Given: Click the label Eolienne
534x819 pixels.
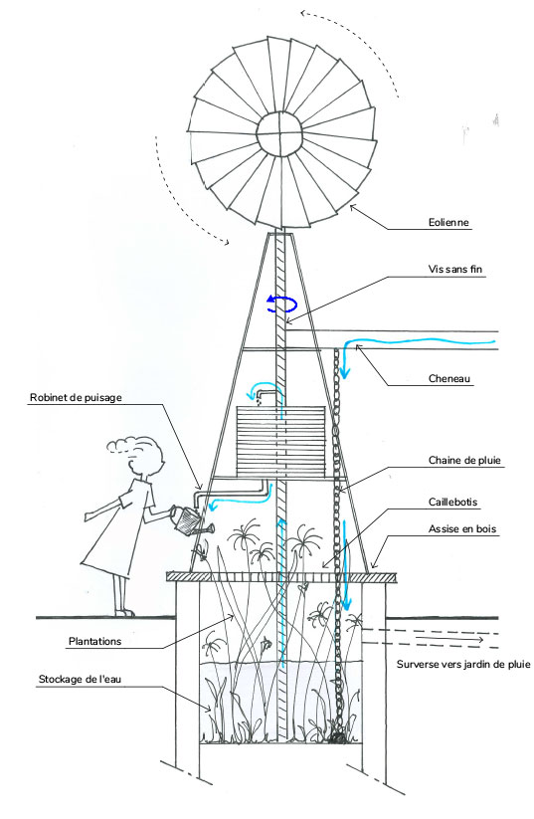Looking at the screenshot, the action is (x=448, y=223).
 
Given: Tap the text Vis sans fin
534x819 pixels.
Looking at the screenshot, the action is (x=455, y=270).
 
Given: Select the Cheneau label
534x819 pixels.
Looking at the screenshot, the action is (x=448, y=379).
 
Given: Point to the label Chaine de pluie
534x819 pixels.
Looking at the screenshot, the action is (x=464, y=460).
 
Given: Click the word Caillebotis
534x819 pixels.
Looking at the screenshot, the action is (x=453, y=502).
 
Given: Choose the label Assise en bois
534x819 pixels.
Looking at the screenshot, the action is (x=462, y=529).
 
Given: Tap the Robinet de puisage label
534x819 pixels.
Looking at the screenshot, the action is (x=76, y=397).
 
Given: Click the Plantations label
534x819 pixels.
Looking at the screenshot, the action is (x=95, y=642).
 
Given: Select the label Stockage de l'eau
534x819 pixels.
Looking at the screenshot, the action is (x=80, y=680).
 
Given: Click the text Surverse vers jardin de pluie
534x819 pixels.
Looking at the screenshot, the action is (x=463, y=665).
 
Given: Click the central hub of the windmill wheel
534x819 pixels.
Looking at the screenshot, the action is (x=279, y=133).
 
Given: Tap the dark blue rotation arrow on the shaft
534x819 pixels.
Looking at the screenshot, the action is (x=281, y=304).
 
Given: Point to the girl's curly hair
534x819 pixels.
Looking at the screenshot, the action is (x=141, y=452).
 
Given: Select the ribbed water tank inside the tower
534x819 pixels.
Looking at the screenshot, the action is (x=281, y=442).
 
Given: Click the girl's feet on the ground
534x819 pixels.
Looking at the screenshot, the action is (x=124, y=612).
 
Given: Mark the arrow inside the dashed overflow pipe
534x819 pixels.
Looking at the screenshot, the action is (x=448, y=638).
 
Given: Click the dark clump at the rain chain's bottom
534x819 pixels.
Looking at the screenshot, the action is (x=338, y=737).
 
